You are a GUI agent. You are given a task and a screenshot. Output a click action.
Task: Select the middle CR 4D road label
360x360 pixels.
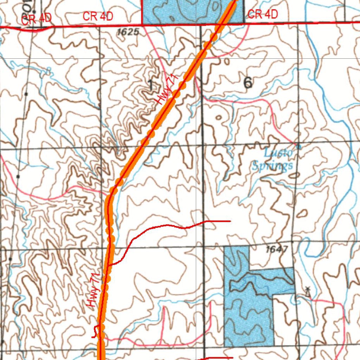click(x=98, y=16)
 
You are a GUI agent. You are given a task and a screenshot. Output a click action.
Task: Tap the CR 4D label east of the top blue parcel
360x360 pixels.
click(x=263, y=14)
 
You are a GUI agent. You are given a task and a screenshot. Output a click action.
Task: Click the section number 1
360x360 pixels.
click(x=150, y=85)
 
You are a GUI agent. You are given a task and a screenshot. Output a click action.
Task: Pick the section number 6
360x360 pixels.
click(x=248, y=83)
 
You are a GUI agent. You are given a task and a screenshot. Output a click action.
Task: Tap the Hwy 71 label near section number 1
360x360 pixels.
click(x=166, y=91)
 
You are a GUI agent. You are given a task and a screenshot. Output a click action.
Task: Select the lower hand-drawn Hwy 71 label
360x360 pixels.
click(x=93, y=292)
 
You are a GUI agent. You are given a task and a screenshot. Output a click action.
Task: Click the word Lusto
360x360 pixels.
click(x=278, y=153)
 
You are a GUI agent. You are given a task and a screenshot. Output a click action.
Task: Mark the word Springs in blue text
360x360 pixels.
click(x=272, y=165)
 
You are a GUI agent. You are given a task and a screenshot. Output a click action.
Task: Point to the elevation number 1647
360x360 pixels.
click(x=277, y=249)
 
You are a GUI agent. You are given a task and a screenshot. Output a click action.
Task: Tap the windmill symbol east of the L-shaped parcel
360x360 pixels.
click(x=308, y=291)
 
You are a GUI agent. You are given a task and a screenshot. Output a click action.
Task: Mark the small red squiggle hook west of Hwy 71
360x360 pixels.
click(x=95, y=331)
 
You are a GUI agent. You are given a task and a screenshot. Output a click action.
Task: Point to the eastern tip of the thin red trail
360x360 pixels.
click(x=230, y=221)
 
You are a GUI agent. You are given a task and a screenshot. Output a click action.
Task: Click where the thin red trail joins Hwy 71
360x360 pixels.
click(x=110, y=264)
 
